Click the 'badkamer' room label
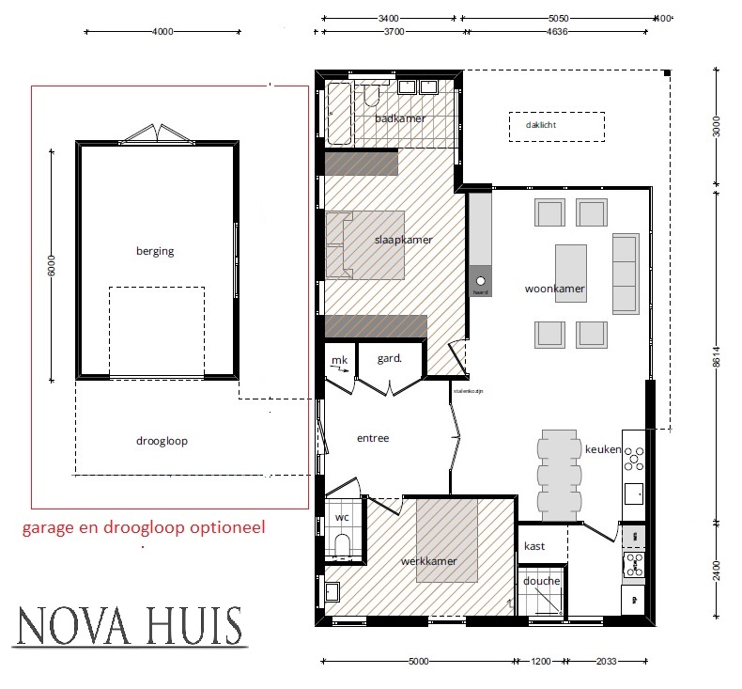400,118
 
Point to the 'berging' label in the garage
155,251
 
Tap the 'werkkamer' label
428,561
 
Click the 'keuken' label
603,449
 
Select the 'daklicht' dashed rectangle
557,126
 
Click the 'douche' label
542,581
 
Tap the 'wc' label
342,518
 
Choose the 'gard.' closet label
390,358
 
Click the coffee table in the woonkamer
571,273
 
